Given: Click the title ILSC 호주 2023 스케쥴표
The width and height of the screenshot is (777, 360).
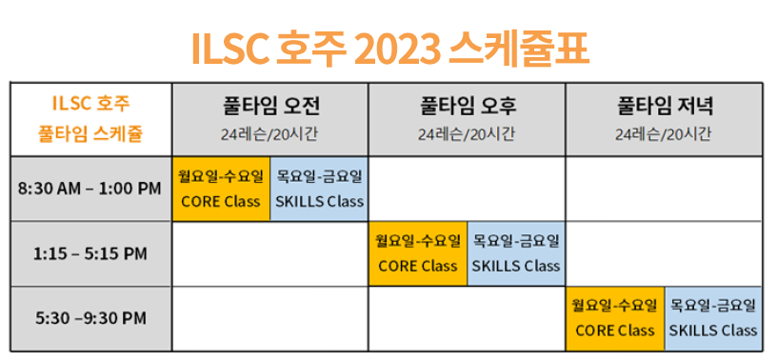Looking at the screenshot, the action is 390,49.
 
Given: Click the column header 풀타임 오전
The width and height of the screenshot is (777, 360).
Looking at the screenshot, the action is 269,107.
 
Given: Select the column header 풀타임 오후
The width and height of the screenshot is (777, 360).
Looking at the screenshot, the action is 466,107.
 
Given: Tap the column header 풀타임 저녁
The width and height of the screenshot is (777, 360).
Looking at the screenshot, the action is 664,107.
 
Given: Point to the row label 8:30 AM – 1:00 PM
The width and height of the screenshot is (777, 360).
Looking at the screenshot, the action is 90,189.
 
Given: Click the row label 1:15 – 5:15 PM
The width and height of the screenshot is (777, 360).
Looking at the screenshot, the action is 90,254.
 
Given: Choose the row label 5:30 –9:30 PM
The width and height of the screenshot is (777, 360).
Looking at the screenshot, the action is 90,318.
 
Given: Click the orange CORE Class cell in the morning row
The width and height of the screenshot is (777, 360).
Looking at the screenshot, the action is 221,189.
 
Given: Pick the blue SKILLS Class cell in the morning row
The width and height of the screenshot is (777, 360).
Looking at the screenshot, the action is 319,189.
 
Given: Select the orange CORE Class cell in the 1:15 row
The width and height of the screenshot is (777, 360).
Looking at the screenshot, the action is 418,253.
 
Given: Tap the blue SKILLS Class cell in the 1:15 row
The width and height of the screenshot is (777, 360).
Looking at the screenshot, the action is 516,253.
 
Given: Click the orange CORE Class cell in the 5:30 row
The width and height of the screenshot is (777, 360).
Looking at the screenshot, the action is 615,319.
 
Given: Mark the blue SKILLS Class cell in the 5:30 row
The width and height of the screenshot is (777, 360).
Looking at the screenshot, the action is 713,319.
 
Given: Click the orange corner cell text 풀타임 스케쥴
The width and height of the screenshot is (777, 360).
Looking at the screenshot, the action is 90,134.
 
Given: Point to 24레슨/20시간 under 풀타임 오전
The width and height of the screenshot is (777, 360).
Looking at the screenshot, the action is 269,134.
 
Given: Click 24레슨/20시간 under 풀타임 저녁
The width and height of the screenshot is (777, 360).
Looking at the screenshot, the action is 664,134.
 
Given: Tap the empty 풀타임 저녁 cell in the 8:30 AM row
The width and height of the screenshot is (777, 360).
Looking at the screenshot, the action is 664,189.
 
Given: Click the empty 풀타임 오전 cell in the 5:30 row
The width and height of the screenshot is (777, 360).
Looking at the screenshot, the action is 270,319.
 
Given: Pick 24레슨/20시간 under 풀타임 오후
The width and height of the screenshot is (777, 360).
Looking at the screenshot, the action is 466,134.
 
